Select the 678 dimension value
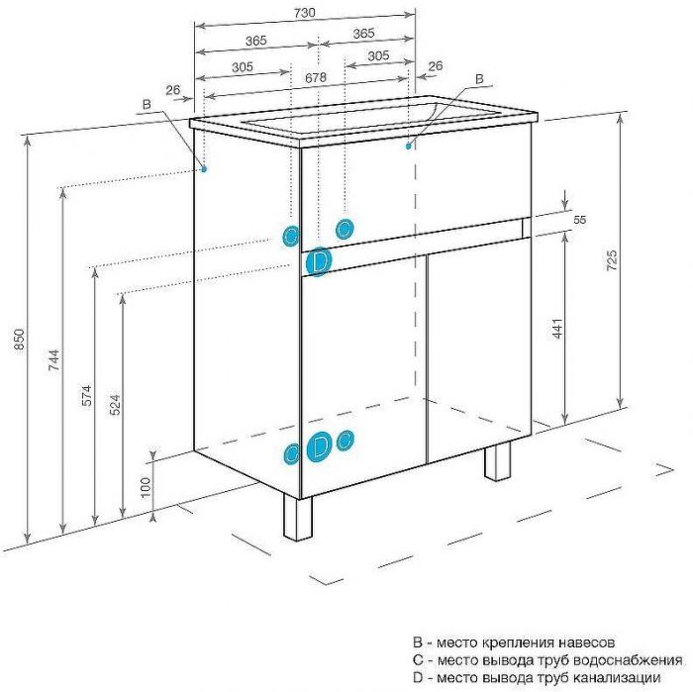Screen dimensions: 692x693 point(316,76)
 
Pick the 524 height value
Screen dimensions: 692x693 point(115,406)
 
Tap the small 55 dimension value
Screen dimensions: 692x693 point(580,219)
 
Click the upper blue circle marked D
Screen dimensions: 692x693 point(319,262)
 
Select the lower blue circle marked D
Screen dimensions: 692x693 point(319,446)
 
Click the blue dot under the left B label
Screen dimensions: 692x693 point(205,168)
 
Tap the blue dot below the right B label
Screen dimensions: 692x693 point(408,147)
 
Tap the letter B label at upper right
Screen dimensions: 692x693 point(479,78)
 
